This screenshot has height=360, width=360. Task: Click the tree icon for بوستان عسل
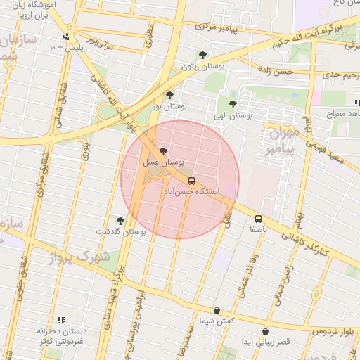(164, 151)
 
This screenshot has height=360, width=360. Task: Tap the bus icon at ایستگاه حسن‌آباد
(192, 181)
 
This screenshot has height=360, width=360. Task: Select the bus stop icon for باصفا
(259, 219)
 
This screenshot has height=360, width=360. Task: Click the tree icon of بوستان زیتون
(203, 55)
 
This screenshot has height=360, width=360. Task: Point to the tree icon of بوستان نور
(169, 95)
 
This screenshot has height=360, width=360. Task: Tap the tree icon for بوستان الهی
(232, 104)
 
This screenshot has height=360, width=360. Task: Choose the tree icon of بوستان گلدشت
(120, 221)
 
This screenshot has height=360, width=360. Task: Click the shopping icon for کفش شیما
(217, 310)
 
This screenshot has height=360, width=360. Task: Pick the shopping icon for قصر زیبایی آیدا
(265, 331)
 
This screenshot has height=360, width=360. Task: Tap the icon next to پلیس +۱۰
(66, 37)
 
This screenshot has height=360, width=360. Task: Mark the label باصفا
(259, 229)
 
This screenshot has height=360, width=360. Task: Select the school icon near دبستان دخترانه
(60, 320)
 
